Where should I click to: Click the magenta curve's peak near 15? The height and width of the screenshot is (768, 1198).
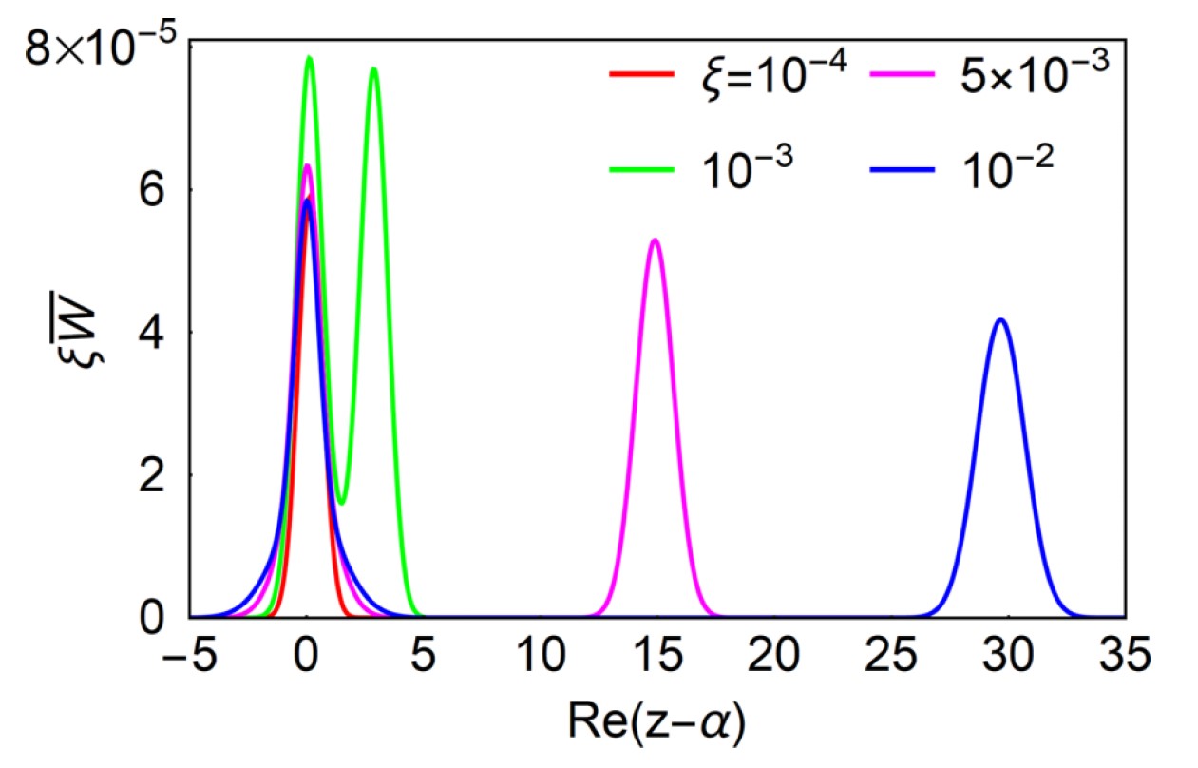[655, 240]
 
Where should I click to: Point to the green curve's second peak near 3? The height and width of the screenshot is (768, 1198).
[373, 68]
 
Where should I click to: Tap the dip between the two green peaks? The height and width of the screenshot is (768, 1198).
[342, 503]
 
